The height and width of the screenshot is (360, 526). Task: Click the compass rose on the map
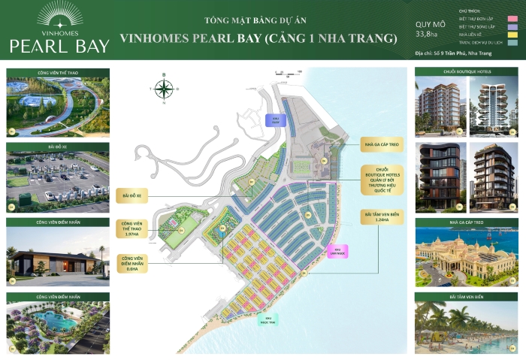[163, 88]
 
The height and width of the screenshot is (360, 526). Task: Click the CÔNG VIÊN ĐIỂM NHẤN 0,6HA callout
[132, 264]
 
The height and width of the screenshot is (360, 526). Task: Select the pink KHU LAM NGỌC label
[338, 250]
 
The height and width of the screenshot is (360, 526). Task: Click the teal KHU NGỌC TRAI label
[264, 321]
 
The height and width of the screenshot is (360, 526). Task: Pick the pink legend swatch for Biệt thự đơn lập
[512, 17]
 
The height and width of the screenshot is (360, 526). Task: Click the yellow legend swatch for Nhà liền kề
[512, 34]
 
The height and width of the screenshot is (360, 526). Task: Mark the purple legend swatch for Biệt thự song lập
[512, 26]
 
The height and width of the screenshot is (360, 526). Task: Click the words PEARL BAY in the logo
[59, 45]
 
